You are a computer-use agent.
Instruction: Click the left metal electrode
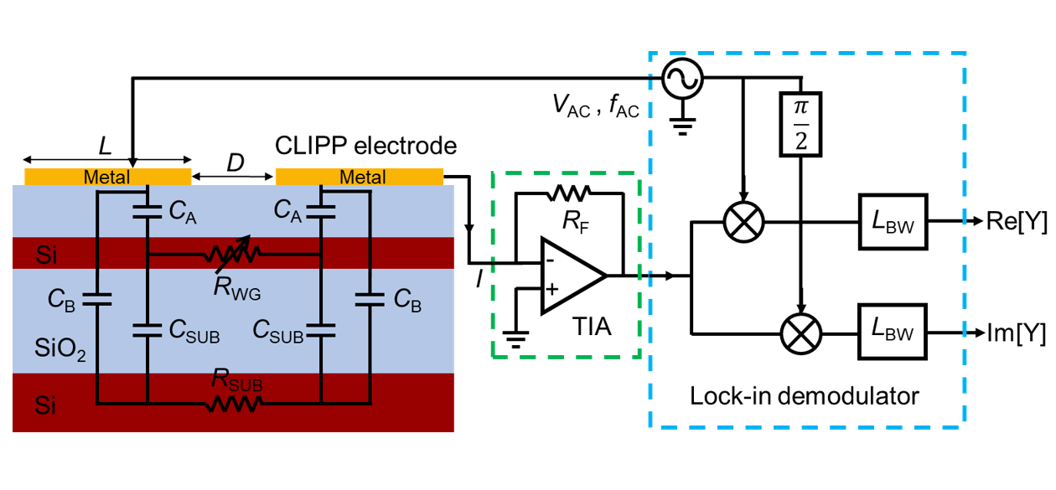pyautogui.click(x=107, y=178)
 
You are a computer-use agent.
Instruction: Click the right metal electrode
pyautogui.click(x=360, y=178)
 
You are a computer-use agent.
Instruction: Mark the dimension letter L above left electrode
pyautogui.click(x=105, y=144)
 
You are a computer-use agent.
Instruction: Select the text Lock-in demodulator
pyautogui.click(x=804, y=395)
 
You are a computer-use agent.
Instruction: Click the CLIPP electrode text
pyautogui.click(x=365, y=147)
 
